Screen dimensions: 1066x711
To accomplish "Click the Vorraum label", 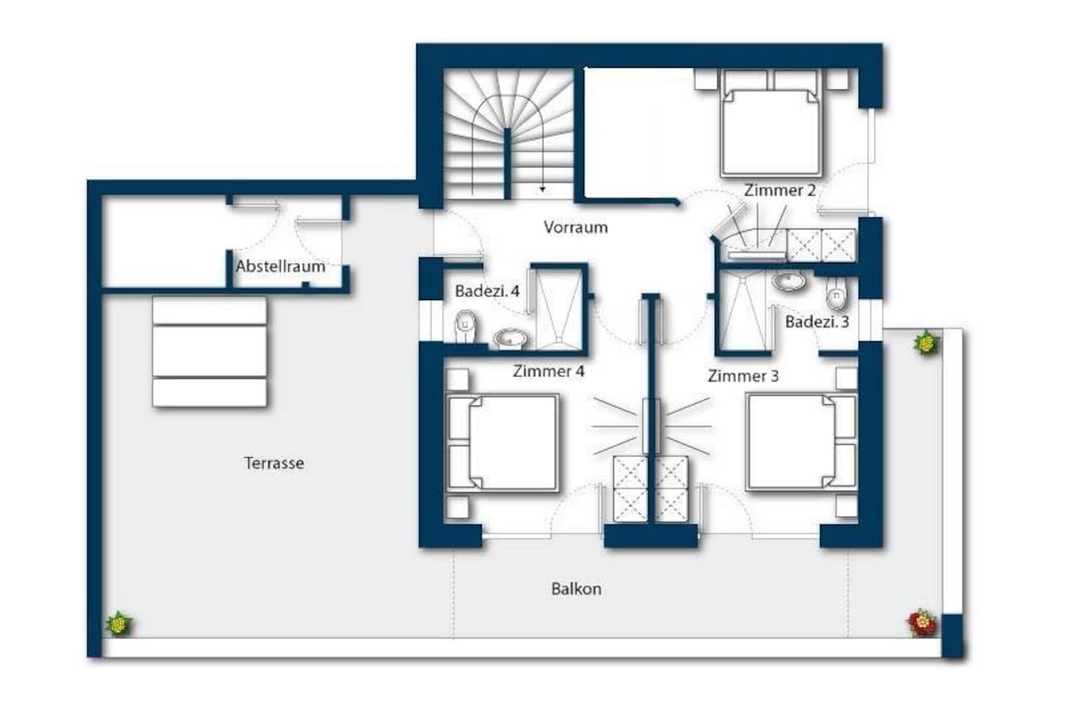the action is pos(576,227).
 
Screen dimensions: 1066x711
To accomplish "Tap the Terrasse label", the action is pos(274,463).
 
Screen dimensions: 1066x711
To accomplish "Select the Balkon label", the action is pos(576,589).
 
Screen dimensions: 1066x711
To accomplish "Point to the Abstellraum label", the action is pos(281,266).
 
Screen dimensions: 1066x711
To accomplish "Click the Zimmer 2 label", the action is pos(780,190).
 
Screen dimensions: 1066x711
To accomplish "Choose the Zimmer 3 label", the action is pos(743,376).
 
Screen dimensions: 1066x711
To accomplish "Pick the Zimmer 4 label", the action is pos(549,371).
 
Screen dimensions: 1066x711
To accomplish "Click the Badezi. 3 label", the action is pos(817,321).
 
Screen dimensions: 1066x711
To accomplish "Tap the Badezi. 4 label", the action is pos(487,291).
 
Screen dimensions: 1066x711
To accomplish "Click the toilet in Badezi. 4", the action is pos(464,327).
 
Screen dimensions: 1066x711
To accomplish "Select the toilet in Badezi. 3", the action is pos(836,294).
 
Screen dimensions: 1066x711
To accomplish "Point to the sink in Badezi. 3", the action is pos(789,281).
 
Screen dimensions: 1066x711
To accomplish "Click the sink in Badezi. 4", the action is pos(510,338).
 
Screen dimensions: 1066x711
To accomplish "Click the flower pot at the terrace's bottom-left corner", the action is pos(119,623).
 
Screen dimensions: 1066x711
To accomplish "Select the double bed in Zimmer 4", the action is pos(502,443).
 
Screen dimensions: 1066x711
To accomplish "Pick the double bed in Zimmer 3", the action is pos(802,442).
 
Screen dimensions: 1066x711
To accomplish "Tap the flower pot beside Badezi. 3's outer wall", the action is pos(926,343).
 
